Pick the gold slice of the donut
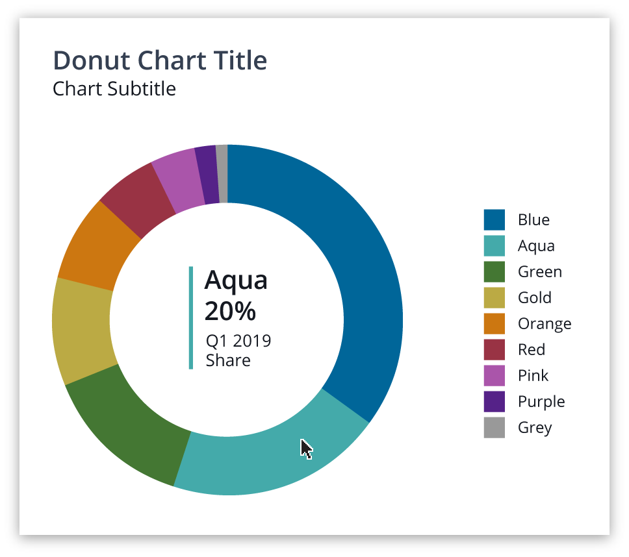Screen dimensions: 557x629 tap(81, 331)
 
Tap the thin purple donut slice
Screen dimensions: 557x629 tap(207, 175)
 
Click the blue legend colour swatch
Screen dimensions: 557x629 tap(494, 219)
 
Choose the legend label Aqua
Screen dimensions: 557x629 tap(536, 246)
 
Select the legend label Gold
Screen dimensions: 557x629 tap(535, 298)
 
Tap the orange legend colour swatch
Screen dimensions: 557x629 tap(494, 323)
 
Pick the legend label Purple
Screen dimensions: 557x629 tap(541, 402)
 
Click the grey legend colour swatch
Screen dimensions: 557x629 tap(494, 427)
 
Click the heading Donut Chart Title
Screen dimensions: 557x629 tap(160, 60)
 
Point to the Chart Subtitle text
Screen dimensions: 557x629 tap(114, 88)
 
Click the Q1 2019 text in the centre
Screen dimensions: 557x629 tap(238, 341)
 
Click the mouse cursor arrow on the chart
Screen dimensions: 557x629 tap(306, 449)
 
